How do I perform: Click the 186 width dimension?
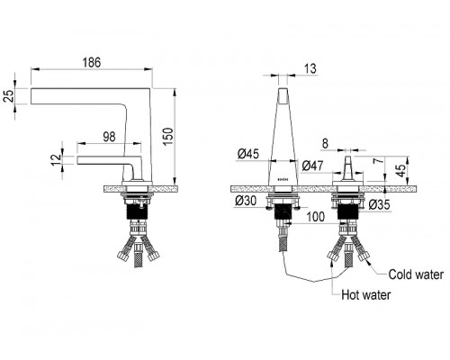pos(92,63)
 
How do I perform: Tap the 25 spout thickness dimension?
pos(10,96)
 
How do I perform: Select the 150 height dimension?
pos(168,137)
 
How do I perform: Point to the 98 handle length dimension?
pos(109,137)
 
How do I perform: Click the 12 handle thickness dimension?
pos(56,160)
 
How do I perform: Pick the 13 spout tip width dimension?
pos(310,68)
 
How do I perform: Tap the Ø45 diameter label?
pos(247,155)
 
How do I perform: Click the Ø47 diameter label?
pos(312,166)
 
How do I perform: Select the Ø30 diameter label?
pos(246,201)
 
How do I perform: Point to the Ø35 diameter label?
pos(379,205)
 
